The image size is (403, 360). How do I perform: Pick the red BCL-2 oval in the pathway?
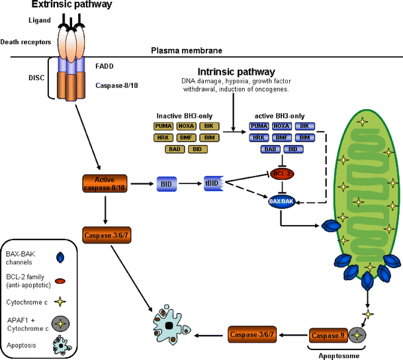tap(282, 173)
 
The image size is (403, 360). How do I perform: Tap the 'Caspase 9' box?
tap(329, 336)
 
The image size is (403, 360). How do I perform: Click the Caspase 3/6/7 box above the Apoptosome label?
tap(254, 336)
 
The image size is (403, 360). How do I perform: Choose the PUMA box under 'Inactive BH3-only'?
tap(163, 126)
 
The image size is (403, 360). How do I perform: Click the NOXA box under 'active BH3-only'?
tap(281, 126)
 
